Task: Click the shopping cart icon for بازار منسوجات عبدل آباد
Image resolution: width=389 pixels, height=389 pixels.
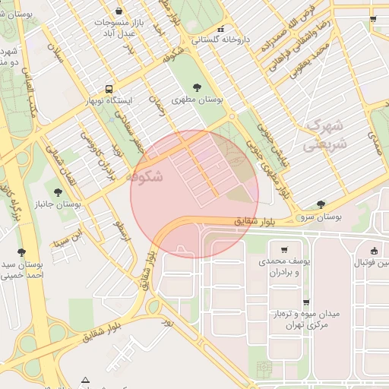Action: (x=119, y=11)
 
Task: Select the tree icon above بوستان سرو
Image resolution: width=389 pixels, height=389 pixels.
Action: (x=321, y=204)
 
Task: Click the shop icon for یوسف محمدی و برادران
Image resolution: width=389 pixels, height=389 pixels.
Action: (x=284, y=249)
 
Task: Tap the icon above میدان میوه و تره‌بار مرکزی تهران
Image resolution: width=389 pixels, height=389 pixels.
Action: (x=306, y=302)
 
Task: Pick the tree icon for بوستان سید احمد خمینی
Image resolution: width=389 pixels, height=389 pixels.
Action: (x=21, y=251)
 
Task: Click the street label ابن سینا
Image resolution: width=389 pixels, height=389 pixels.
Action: (x=65, y=242)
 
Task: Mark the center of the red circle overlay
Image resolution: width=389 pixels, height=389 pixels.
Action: (x=194, y=194)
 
